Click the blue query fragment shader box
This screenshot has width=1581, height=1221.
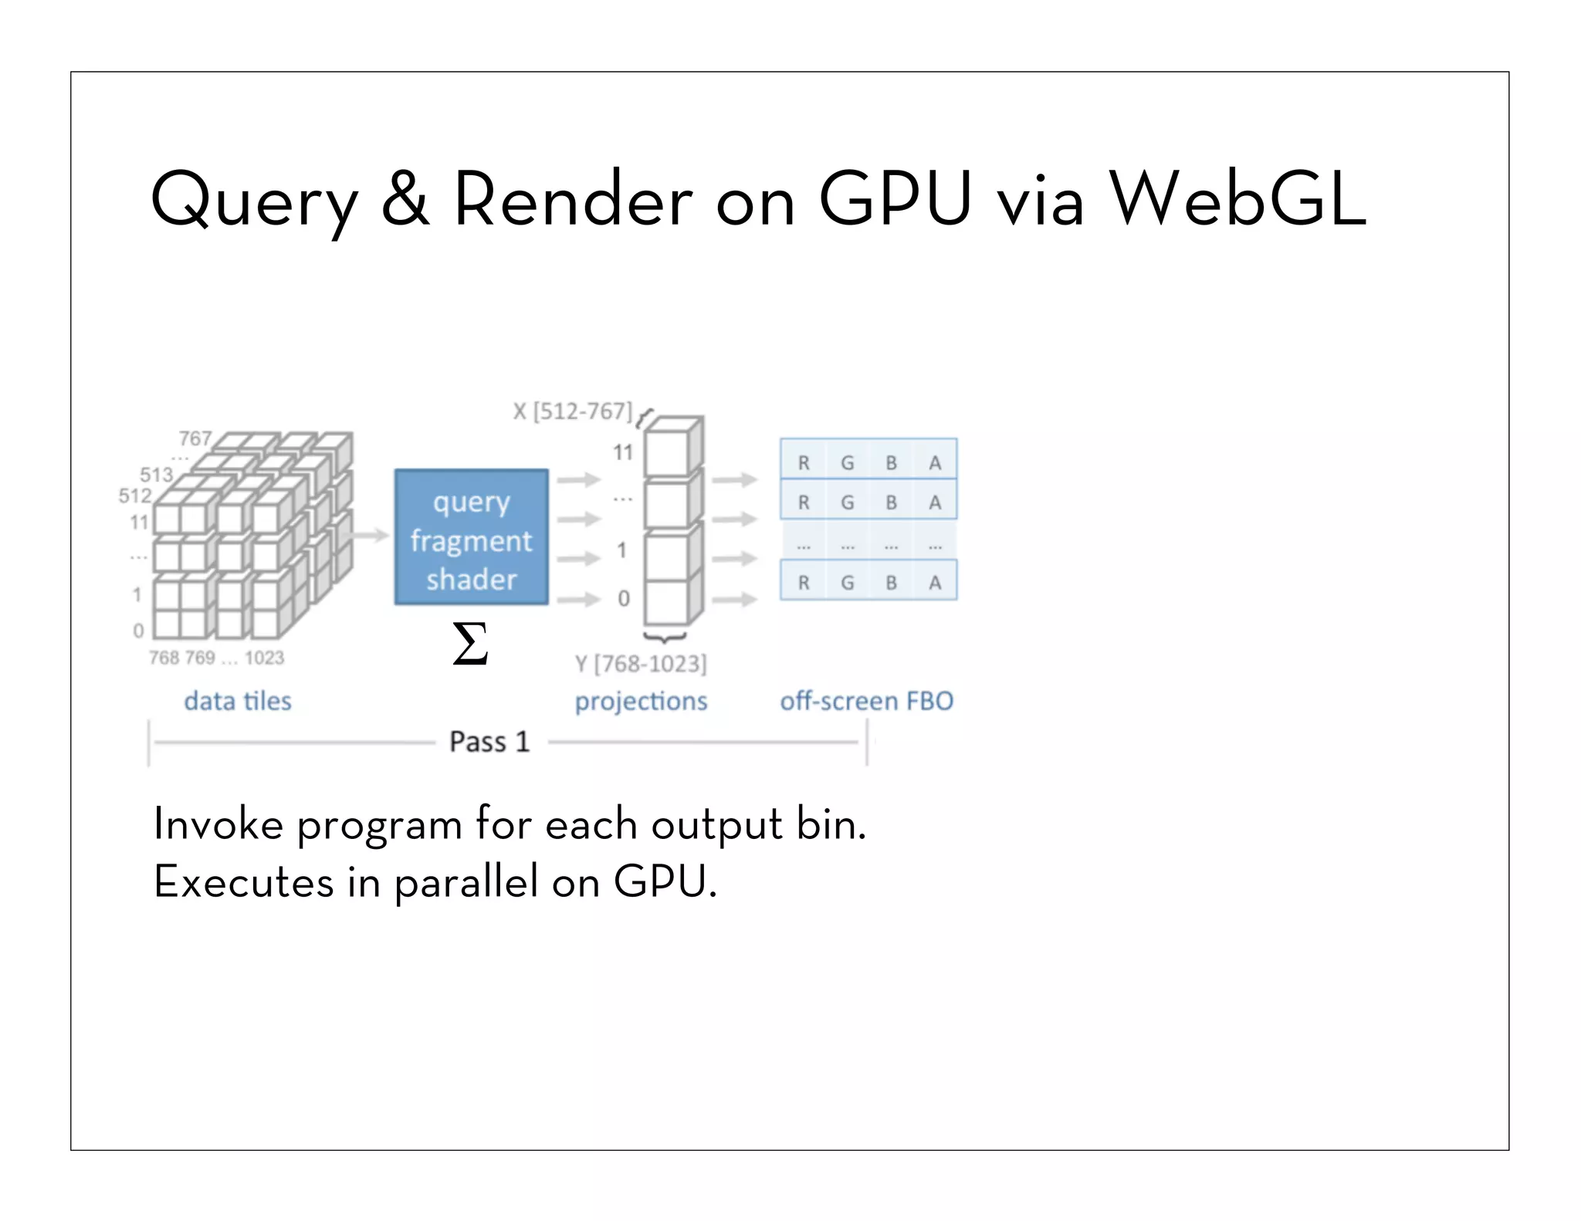[471, 537]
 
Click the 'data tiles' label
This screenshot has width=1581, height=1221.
[238, 701]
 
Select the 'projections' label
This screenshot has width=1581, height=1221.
[641, 701]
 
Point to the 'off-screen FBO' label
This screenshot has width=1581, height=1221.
[866, 701]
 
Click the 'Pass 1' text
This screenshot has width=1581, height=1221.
[489, 742]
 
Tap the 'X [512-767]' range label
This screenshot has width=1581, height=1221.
[573, 411]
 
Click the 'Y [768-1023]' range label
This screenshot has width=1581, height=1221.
[641, 664]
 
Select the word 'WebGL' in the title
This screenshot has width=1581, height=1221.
[1237, 199]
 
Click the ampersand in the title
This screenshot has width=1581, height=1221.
[405, 199]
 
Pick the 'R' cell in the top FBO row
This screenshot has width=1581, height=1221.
[804, 462]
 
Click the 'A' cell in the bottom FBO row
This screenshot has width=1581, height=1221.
[935, 583]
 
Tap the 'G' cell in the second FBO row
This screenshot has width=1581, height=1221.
[848, 502]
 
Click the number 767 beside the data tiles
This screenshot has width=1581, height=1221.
[195, 438]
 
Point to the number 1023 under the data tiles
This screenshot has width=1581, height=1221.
[264, 658]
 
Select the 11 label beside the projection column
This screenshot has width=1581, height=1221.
[623, 452]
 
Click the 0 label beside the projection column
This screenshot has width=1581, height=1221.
[624, 598]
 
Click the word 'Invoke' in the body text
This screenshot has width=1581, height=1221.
[218, 824]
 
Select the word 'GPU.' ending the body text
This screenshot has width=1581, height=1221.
[665, 881]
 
